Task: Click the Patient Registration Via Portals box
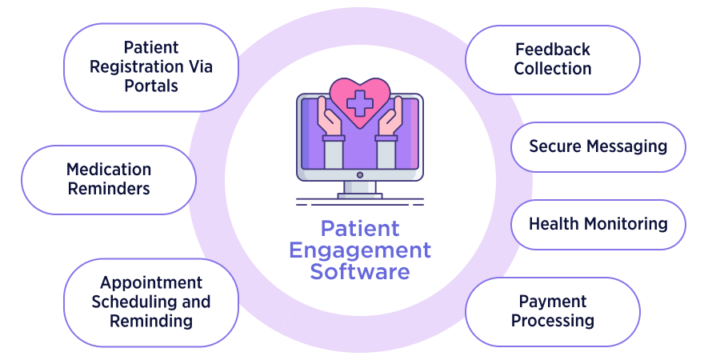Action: coord(150,66)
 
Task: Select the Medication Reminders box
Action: coord(108,179)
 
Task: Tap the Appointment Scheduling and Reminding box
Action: coord(150,302)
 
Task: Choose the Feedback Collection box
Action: coord(552,59)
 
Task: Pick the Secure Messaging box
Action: coord(598,146)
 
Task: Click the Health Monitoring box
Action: coord(598,224)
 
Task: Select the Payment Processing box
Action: coord(552,311)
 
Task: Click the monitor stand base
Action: coord(359,195)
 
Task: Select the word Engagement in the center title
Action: coord(359,250)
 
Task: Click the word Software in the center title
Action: coord(359,271)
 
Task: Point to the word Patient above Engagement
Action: coord(359,228)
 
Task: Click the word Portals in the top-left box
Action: coord(150,86)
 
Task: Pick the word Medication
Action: coord(108,170)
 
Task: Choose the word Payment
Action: coord(552,302)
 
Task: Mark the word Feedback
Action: coord(552,50)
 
